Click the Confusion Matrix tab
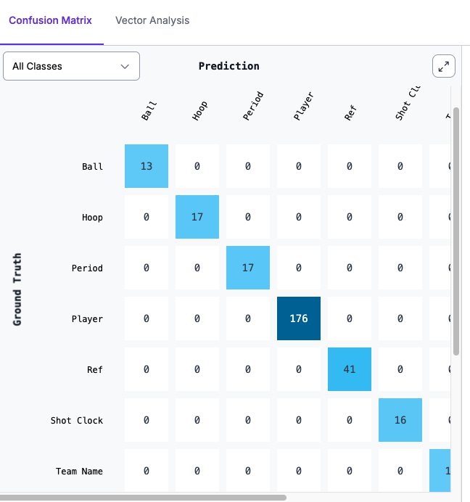pyautogui.click(x=50, y=20)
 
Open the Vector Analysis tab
pyautogui.click(x=152, y=20)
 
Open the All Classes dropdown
pyautogui.click(x=71, y=66)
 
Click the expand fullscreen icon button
pyautogui.click(x=443, y=67)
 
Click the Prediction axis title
pyautogui.click(x=228, y=66)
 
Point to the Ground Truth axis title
pyautogui.click(x=17, y=289)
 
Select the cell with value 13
pyautogui.click(x=147, y=166)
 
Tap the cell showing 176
pyautogui.click(x=299, y=318)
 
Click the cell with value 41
pyautogui.click(x=350, y=369)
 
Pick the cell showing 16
pyautogui.click(x=400, y=420)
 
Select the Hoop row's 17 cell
pyautogui.click(x=197, y=217)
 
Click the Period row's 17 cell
pyautogui.click(x=248, y=268)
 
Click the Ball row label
pyautogui.click(x=92, y=166)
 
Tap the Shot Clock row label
pyautogui.click(x=77, y=420)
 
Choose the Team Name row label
pyautogui.click(x=79, y=471)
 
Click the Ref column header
pyautogui.click(x=350, y=110)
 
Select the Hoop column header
pyautogui.click(x=199, y=110)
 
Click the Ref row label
pyautogui.click(x=94, y=369)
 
